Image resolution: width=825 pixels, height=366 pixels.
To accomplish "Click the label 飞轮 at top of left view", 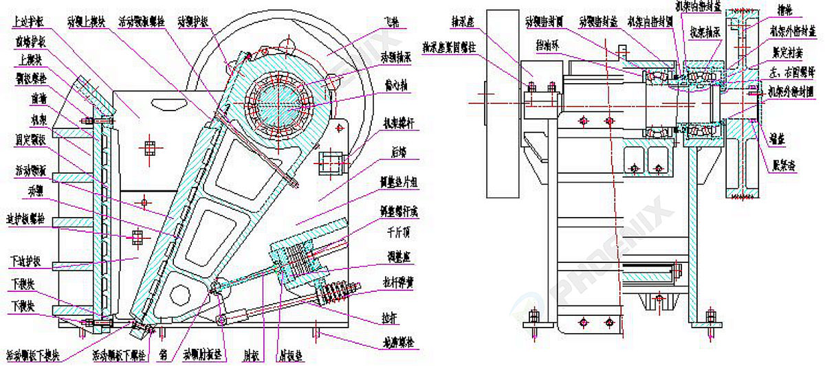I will tap(391, 23).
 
